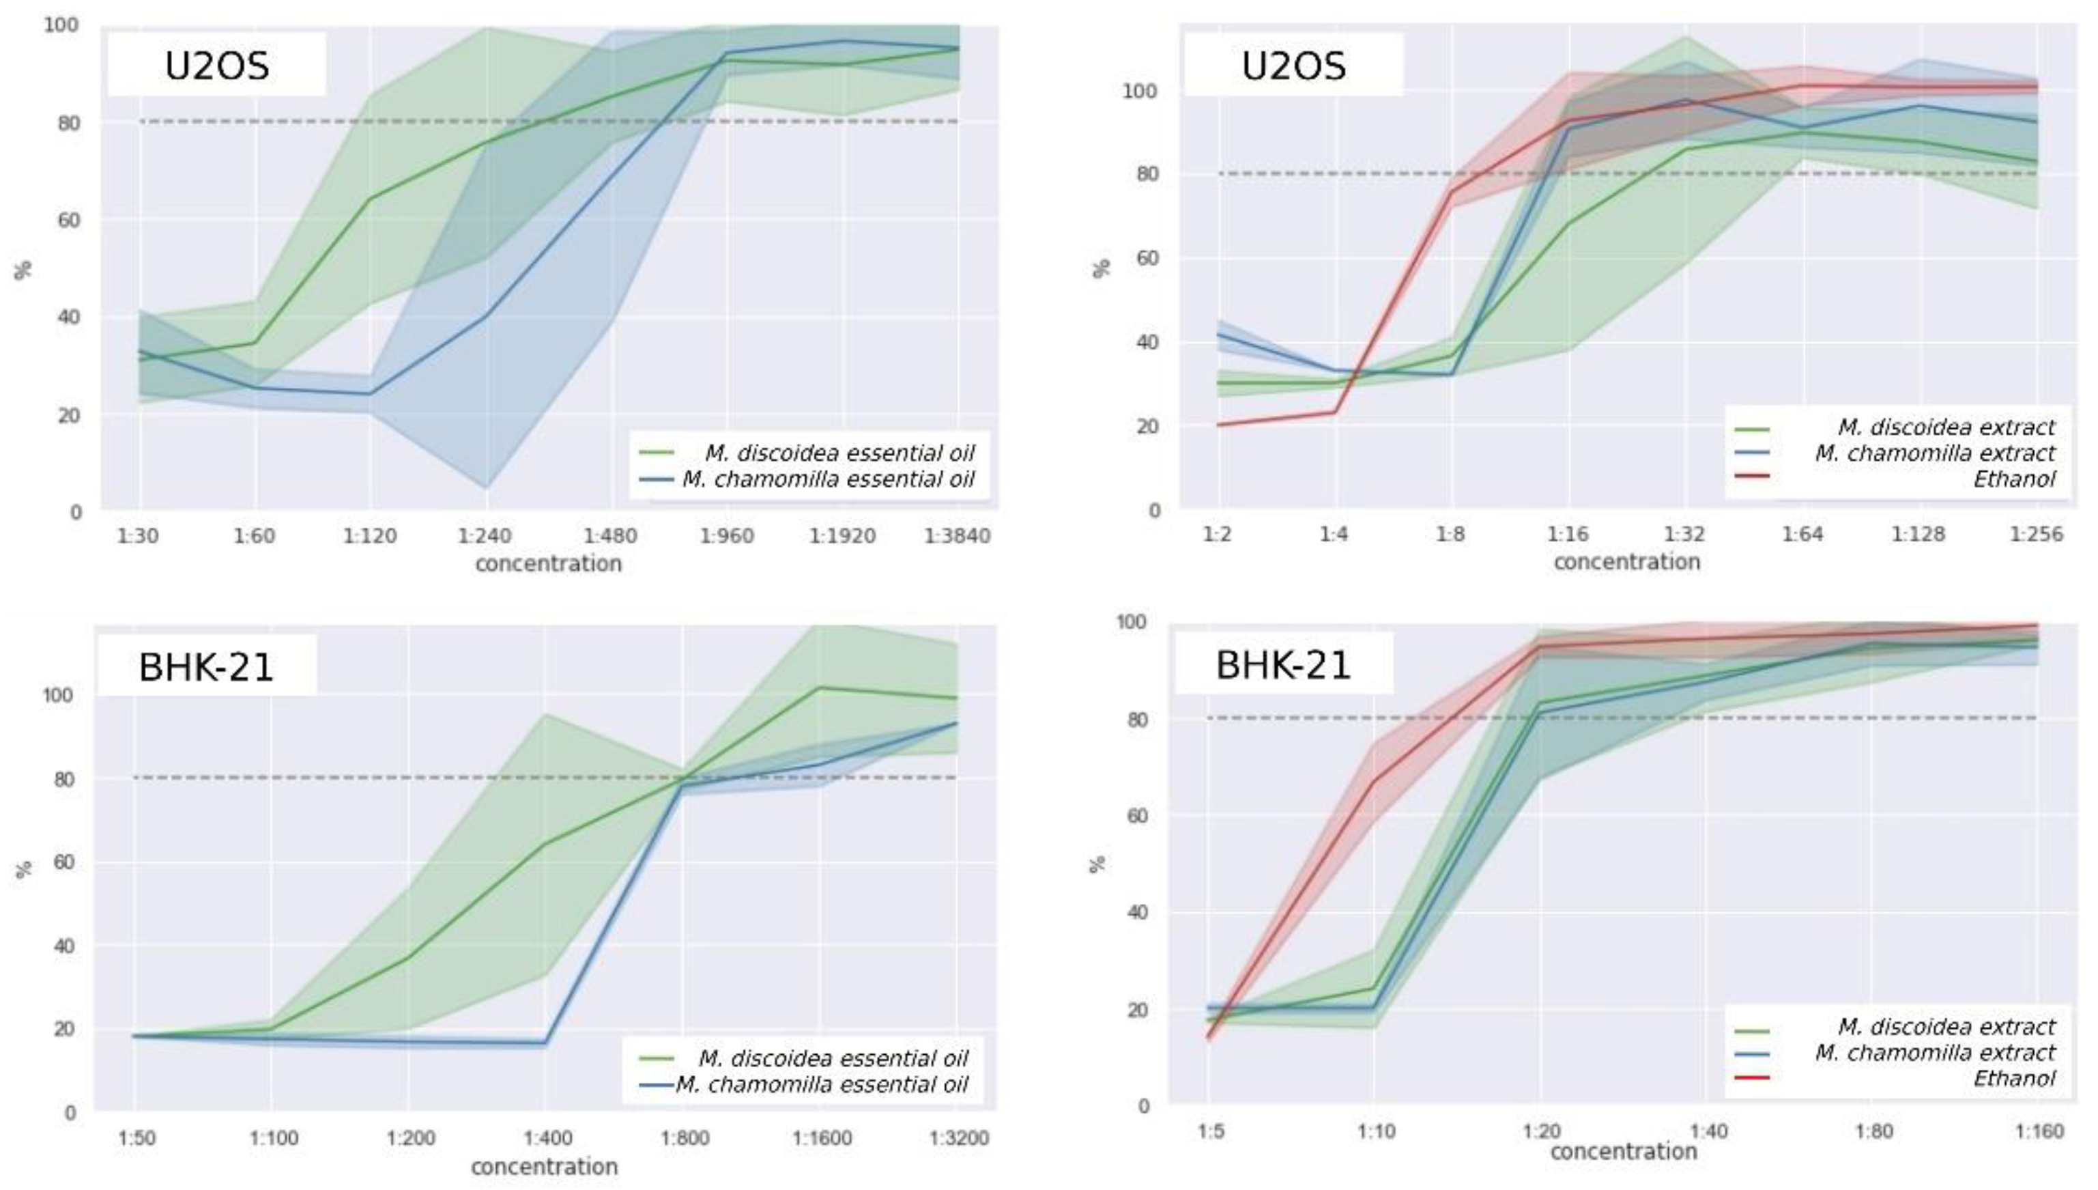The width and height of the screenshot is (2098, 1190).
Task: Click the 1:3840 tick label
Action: point(957,536)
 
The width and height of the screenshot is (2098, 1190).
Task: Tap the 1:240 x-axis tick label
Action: point(484,536)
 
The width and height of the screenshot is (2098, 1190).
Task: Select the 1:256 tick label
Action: point(2036,535)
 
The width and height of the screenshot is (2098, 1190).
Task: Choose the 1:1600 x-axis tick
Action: point(822,1137)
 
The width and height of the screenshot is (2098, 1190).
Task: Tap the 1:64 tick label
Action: point(1801,535)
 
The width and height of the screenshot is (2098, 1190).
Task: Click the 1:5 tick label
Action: point(1211,1131)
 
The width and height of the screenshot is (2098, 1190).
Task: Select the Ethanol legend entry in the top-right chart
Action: point(2014,479)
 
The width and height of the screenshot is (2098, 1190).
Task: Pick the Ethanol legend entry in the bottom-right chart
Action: point(2014,1078)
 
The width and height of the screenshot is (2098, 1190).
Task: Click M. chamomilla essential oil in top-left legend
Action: point(829,479)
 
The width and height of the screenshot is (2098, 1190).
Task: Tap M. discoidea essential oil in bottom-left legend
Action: point(833,1058)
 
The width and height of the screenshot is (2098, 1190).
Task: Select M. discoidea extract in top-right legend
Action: point(1945,427)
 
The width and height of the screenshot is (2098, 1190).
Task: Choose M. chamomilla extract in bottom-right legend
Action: point(1934,1052)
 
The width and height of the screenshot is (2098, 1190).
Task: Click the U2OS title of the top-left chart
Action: point(216,66)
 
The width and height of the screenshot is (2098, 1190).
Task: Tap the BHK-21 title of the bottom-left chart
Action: point(206,667)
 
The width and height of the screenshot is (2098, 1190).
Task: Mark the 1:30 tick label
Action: point(138,536)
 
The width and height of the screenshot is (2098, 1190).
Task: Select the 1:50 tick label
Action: point(136,1137)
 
